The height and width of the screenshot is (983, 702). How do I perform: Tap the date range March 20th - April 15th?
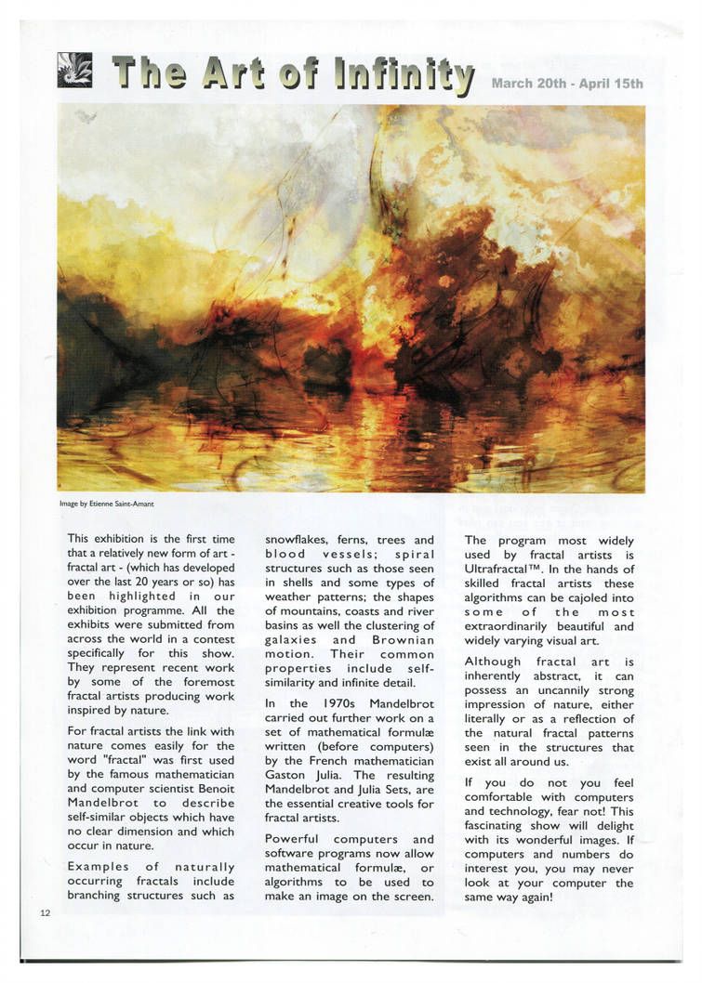pyautogui.click(x=567, y=84)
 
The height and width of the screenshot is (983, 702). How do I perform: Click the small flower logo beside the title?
pyautogui.click(x=74, y=71)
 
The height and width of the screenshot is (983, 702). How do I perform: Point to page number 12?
pyautogui.click(x=45, y=912)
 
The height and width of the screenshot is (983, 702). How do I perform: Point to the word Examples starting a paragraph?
pyautogui.click(x=98, y=867)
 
